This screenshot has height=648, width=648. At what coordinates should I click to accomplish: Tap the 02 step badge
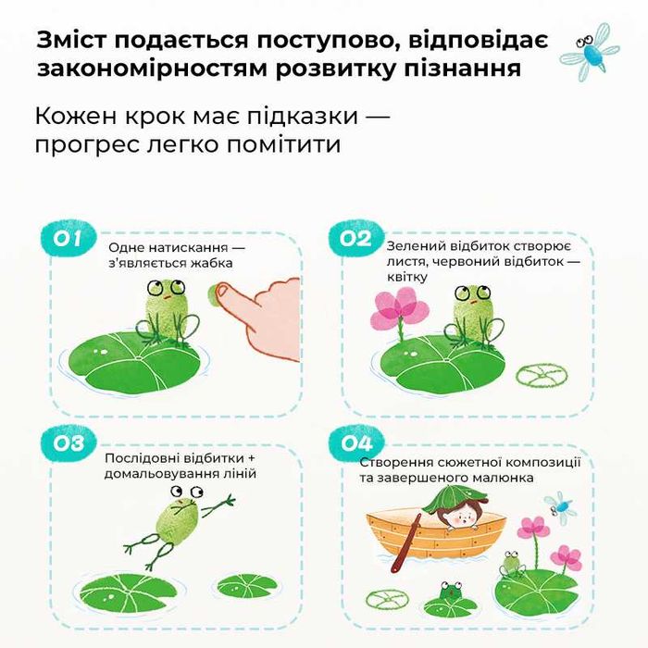[355, 239]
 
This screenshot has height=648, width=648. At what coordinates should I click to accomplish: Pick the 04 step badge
[355, 442]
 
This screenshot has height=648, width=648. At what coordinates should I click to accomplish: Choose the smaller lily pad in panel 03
[246, 585]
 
